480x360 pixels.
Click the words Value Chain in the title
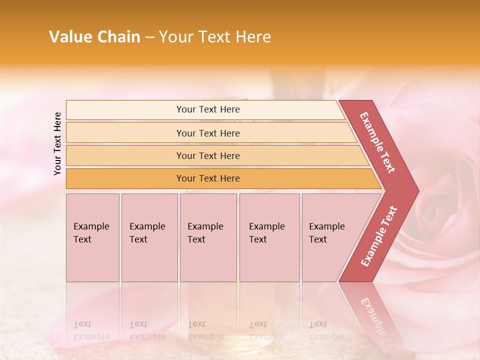(94, 37)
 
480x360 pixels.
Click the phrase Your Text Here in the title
(215, 37)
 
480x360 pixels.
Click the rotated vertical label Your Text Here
(57, 143)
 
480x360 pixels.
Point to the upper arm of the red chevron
(378, 142)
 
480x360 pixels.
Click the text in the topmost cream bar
(208, 109)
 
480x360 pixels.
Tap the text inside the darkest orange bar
(208, 178)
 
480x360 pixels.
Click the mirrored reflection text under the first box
(91, 330)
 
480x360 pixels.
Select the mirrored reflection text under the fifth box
(326, 330)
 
